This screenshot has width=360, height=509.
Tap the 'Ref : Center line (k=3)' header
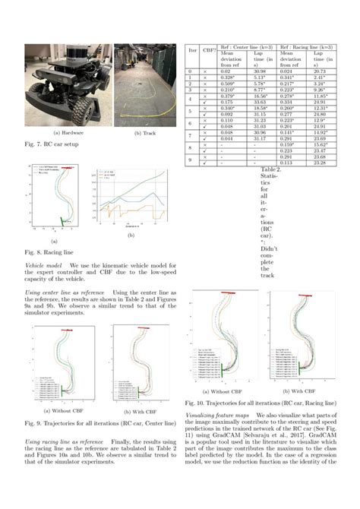(248, 46)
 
